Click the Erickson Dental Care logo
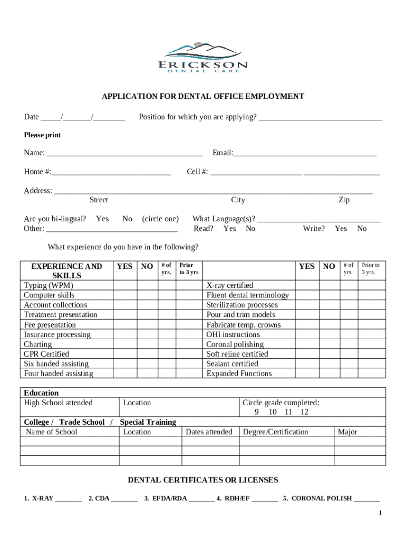pyautogui.click(x=203, y=58)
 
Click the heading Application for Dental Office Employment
pyautogui.click(x=203, y=97)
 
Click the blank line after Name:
pyautogui.click(x=124, y=153)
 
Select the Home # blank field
pyautogui.click(x=111, y=172)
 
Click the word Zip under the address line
pyautogui.click(x=344, y=200)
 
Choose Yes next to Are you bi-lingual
pyautogui.click(x=102, y=219)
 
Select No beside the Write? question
pyautogui.click(x=362, y=229)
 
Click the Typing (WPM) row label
pyautogui.click(x=49, y=286)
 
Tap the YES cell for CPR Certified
pyautogui.click(x=124, y=354)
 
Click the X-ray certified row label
pyautogui.click(x=230, y=286)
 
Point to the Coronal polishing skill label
pyautogui.click(x=235, y=344)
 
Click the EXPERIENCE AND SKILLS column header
pyautogui.click(x=67, y=271)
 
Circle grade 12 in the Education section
pyautogui.click(x=304, y=412)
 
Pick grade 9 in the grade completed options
pyautogui.click(x=257, y=412)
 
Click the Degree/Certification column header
pyautogui.click(x=275, y=432)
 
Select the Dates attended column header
pyautogui.click(x=209, y=432)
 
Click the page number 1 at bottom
pyautogui.click(x=379, y=514)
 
